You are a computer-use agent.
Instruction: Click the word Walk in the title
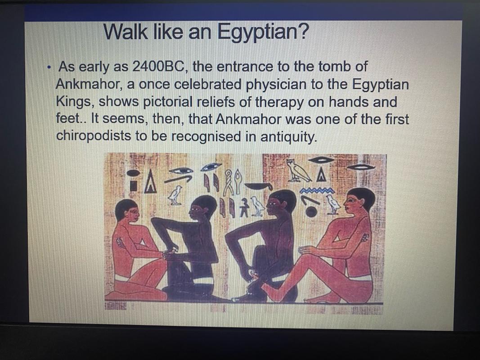(x=125, y=31)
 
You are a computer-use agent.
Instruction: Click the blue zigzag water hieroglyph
(x=318, y=191)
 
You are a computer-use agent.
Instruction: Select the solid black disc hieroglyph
(x=311, y=211)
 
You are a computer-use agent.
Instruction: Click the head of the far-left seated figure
(x=127, y=210)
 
